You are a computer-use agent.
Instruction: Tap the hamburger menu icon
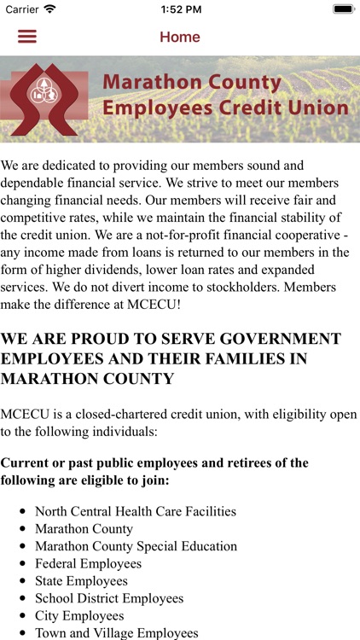point(27,37)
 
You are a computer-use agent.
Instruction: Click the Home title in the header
point(180,38)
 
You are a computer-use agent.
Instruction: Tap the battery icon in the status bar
point(343,9)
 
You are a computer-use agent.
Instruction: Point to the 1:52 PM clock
point(179,9)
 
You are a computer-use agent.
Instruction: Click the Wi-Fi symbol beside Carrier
point(50,9)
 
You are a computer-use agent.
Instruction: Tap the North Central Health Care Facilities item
point(136,512)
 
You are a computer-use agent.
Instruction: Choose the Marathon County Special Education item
point(136,546)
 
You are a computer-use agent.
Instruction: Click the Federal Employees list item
point(88,564)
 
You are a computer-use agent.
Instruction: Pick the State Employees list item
point(81,581)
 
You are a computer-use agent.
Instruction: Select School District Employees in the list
point(109,598)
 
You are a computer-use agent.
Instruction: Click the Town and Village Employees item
point(116,633)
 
